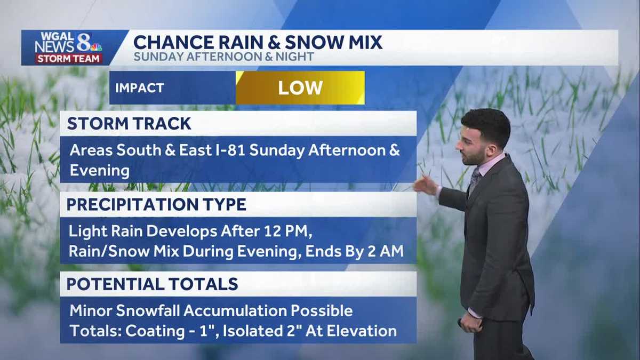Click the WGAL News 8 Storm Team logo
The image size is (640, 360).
click(x=68, y=47)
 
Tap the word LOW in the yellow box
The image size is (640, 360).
click(x=300, y=88)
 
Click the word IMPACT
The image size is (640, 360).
click(x=140, y=88)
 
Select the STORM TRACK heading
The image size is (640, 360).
click(x=129, y=123)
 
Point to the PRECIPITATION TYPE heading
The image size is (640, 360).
click(x=156, y=204)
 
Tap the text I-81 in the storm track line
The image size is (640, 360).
click(x=229, y=150)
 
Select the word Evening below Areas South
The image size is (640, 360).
click(x=100, y=171)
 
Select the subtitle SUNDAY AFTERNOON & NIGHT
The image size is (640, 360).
click(x=224, y=57)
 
